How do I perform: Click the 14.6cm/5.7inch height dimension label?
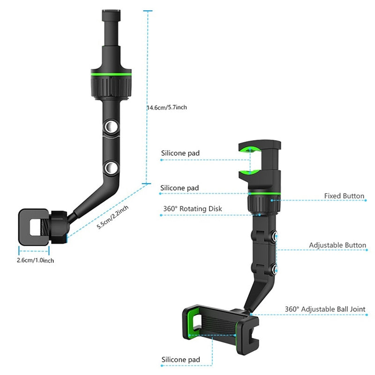coord(167,107)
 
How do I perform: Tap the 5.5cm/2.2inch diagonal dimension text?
coord(112,217)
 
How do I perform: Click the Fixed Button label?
coord(344,196)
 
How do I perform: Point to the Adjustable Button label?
coord(337,245)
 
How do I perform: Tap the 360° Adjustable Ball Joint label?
coord(325,309)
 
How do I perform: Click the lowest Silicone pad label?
coord(180,360)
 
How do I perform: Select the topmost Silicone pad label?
coord(180,153)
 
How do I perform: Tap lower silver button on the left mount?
coord(111,167)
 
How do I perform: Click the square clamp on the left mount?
coord(34,227)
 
